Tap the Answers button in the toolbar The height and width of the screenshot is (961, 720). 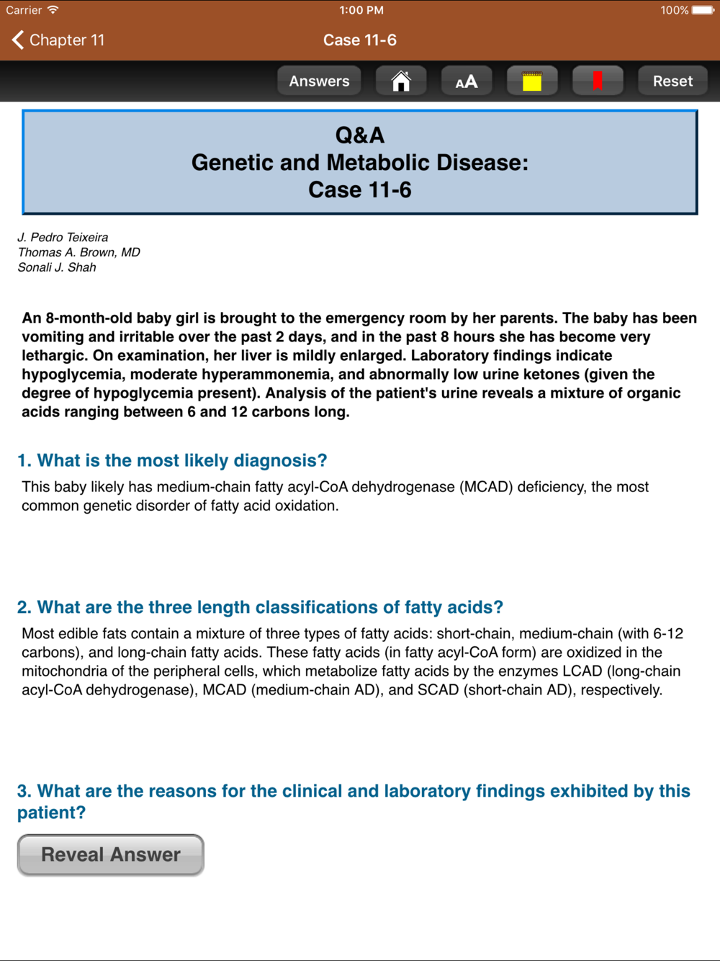point(319,81)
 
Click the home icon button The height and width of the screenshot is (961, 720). point(401,81)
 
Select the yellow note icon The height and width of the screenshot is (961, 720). point(532,81)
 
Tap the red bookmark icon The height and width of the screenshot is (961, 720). point(597,81)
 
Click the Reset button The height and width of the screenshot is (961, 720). point(672,81)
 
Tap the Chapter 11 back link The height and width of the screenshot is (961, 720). point(59,40)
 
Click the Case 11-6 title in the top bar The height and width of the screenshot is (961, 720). point(360,40)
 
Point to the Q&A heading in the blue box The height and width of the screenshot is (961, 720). point(360,135)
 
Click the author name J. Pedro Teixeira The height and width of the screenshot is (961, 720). point(63,237)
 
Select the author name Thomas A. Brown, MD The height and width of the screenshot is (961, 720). point(79,252)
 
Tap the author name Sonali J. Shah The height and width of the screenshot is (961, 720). point(57,267)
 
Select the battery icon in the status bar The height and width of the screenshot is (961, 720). point(703,10)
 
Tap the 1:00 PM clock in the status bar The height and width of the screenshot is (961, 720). point(361,10)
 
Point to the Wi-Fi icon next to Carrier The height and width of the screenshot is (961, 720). point(53,10)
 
